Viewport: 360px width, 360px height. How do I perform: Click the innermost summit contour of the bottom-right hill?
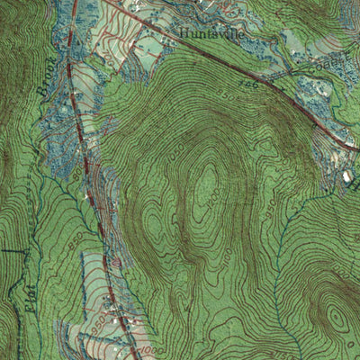pos(337,317)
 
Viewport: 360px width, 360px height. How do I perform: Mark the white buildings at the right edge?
pos(346,176)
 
